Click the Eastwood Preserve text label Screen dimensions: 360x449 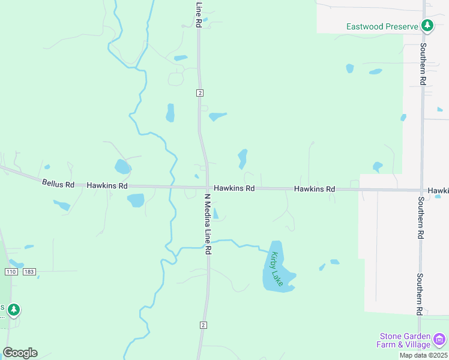click(x=381, y=26)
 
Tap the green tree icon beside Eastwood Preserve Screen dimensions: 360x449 click(x=427, y=26)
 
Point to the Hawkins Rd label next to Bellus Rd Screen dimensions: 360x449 click(x=107, y=186)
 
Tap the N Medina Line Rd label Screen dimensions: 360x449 click(x=208, y=224)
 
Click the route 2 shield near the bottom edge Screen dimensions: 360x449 click(x=203, y=325)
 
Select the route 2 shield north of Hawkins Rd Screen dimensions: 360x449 click(x=200, y=92)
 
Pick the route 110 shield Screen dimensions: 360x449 click(x=10, y=272)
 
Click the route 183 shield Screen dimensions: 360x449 click(x=29, y=272)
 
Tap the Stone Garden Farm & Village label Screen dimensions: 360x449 click(x=405, y=340)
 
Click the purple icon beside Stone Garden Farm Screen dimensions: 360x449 click(x=440, y=340)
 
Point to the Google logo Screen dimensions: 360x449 click(x=20, y=353)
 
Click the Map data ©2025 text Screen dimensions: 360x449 click(x=423, y=355)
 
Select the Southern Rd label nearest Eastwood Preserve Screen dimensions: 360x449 click(x=423, y=64)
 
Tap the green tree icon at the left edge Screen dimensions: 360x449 click(x=13, y=310)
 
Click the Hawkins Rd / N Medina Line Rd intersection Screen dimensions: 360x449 click(x=208, y=188)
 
